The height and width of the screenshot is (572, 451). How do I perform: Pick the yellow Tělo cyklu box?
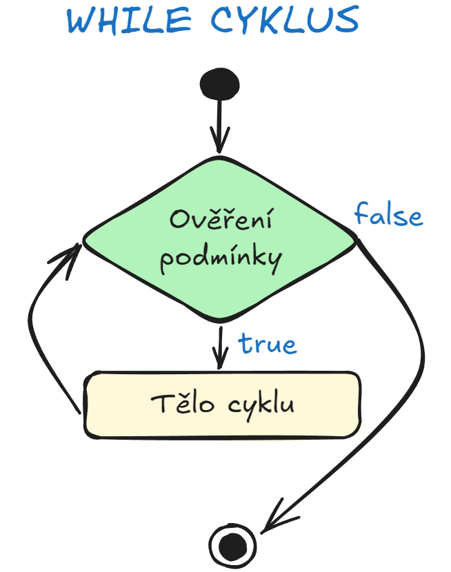(221, 405)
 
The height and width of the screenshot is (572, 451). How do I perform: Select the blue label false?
(388, 216)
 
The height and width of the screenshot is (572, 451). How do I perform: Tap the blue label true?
(268, 344)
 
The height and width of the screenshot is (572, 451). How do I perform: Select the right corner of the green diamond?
(357, 240)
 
